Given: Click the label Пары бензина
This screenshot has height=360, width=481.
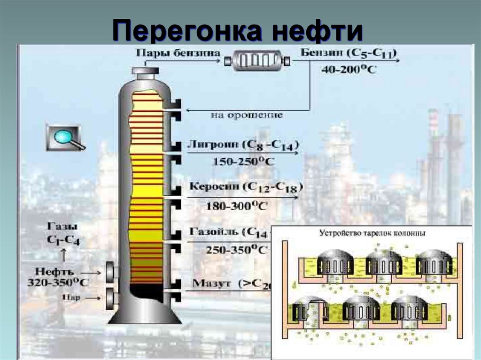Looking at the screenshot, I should tap(178, 53).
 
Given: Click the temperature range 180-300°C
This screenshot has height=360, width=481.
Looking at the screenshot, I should tap(237, 205).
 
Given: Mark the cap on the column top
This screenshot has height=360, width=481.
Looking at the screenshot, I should tap(145, 71).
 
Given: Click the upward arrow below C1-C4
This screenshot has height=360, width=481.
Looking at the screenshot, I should tap(63, 255).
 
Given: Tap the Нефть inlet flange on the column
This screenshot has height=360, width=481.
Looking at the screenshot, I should tap(112, 273).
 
